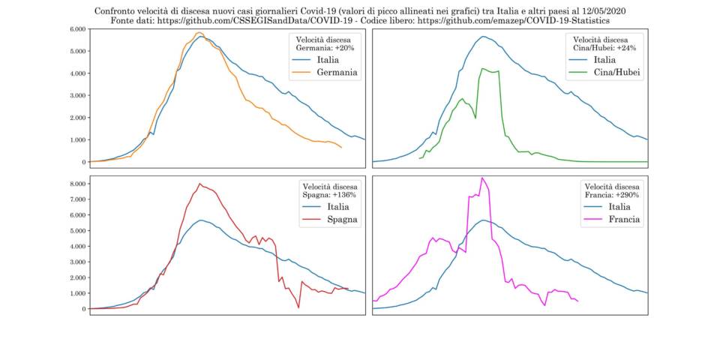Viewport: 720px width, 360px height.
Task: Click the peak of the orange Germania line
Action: pos(199,32)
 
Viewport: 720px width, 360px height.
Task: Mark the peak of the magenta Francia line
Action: pos(482,178)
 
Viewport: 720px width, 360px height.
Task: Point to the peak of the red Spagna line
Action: pos(199,184)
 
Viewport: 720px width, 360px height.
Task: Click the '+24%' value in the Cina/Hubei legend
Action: pos(627,47)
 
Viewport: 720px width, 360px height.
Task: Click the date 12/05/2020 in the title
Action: pos(599,12)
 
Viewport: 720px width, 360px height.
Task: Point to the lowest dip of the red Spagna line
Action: pos(298,307)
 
